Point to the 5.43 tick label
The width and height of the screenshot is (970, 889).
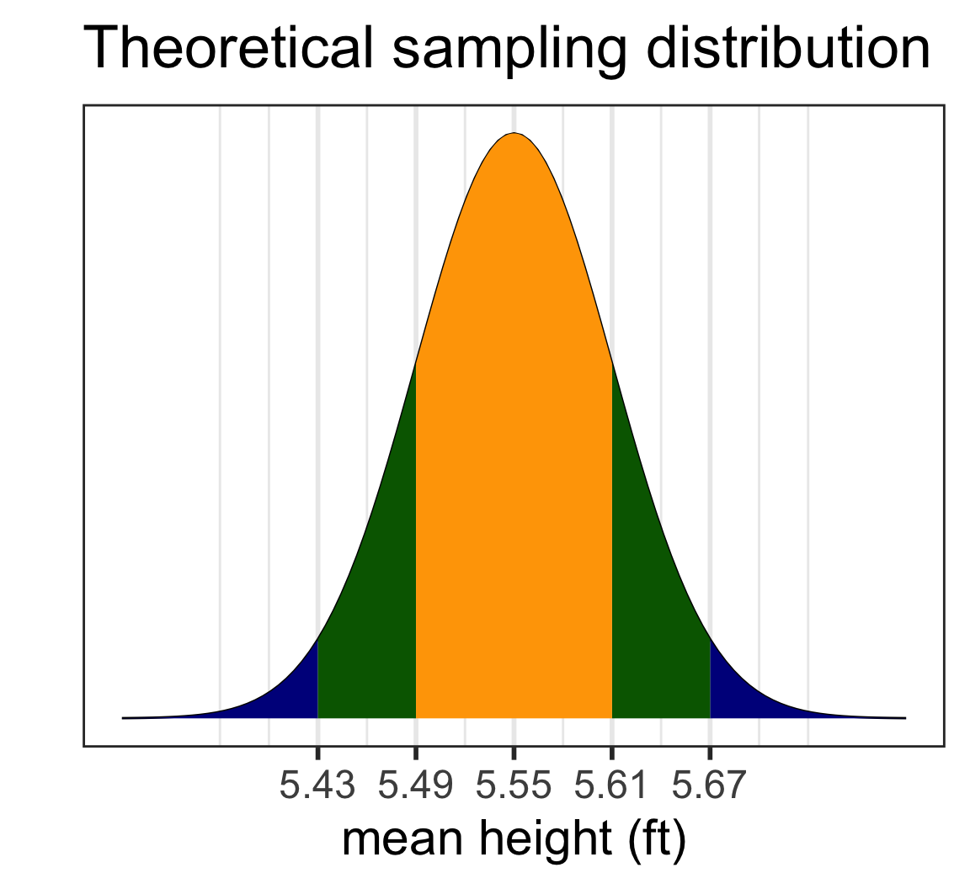[317, 786]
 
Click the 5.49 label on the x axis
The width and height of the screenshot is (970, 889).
[416, 786]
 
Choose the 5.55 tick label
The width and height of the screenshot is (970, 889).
[514, 786]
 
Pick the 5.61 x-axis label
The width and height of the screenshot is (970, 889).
[612, 786]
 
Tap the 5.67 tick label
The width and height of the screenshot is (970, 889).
[710, 786]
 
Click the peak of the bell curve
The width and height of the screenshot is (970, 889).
[514, 133]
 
